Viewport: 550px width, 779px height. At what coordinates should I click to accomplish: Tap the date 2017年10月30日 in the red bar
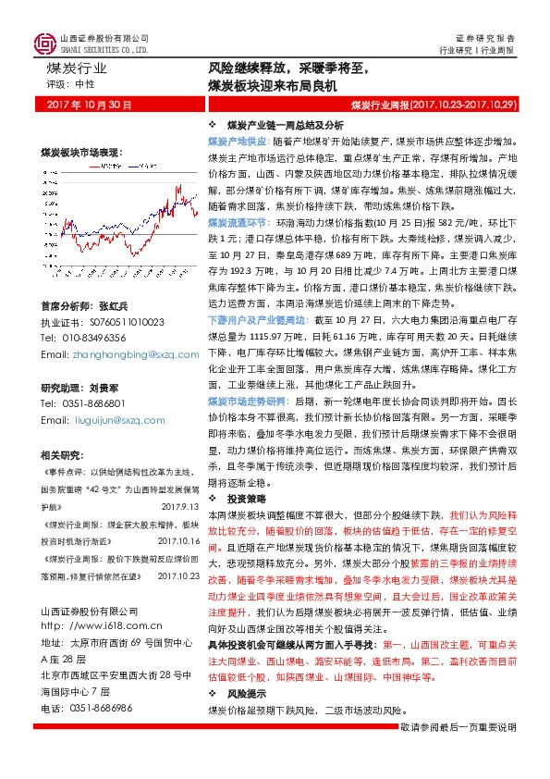[90, 105]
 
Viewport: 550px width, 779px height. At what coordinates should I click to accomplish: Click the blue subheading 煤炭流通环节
[236, 224]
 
